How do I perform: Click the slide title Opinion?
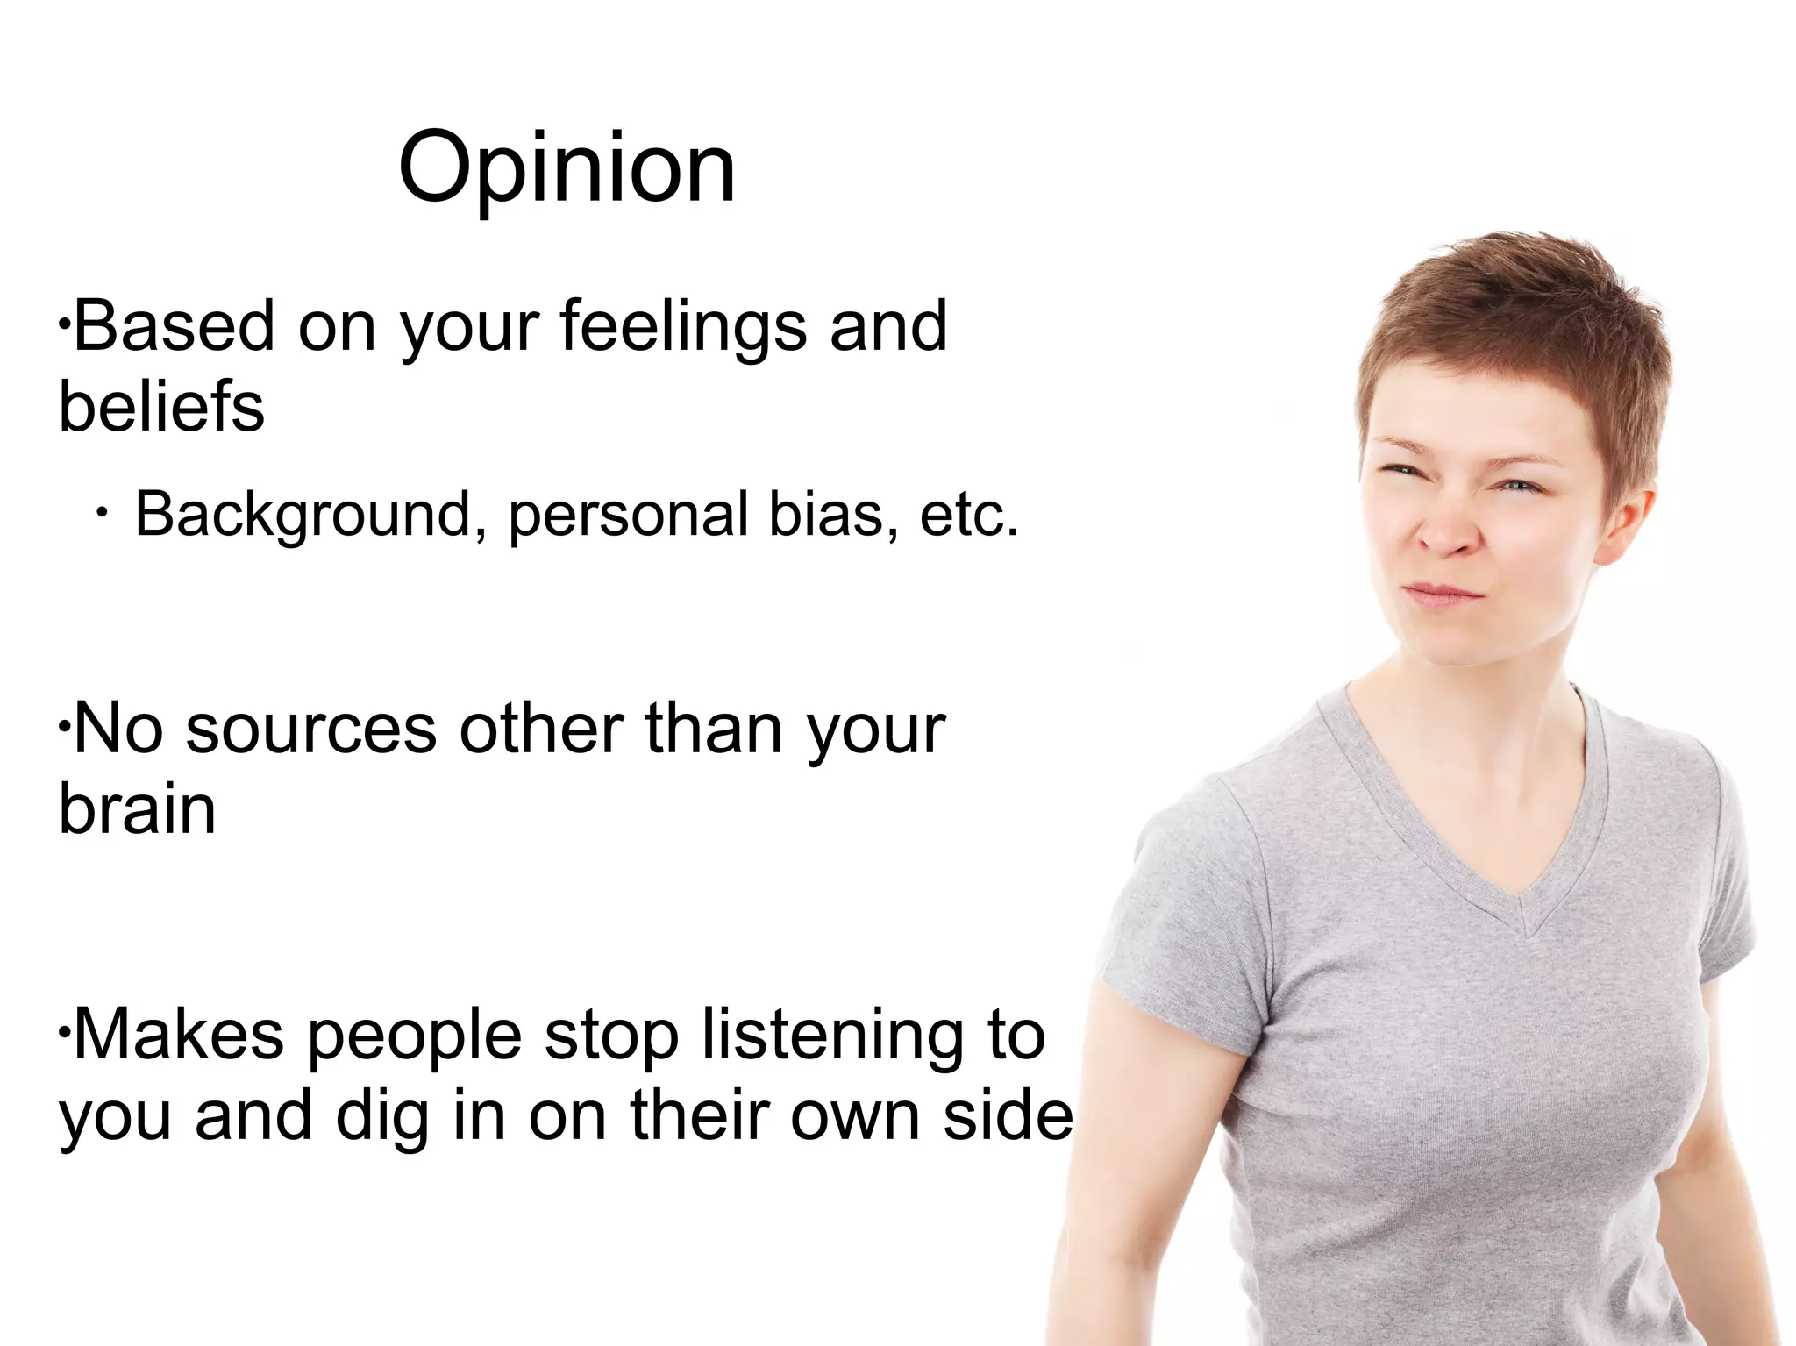pyautogui.click(x=567, y=168)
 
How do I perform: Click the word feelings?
pyautogui.click(x=682, y=327)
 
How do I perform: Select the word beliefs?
pyautogui.click(x=161, y=407)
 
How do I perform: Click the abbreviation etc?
pyautogui.click(x=969, y=515)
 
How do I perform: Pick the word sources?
pyautogui.click(x=310, y=730)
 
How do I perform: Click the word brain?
pyautogui.click(x=137, y=809)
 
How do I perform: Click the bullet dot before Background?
pyautogui.click(x=103, y=513)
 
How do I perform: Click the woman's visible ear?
pyautogui.click(x=1627, y=526)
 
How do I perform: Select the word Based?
pyautogui.click(x=174, y=327)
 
